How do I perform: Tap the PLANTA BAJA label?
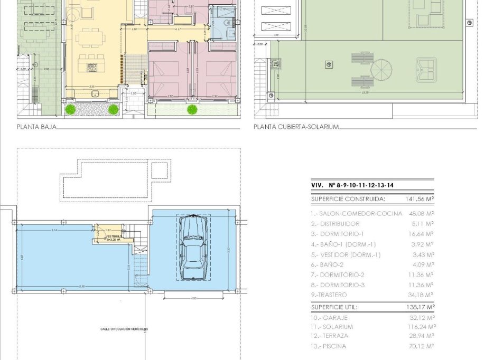[x=36, y=127]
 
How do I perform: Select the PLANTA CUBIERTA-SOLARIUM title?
[x=296, y=127]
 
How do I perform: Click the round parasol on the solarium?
[x=381, y=69]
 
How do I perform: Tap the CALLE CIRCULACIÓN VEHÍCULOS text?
[x=124, y=329]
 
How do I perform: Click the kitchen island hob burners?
[x=91, y=67]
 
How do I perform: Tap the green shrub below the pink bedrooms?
[x=192, y=109]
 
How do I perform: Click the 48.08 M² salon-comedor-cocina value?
[x=421, y=214]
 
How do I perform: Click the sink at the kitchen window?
[x=95, y=93]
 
